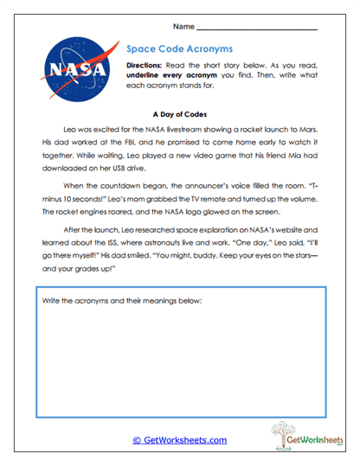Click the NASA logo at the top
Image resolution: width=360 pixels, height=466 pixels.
pos(75,67)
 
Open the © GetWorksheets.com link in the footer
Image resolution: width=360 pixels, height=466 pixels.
pos(180,440)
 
